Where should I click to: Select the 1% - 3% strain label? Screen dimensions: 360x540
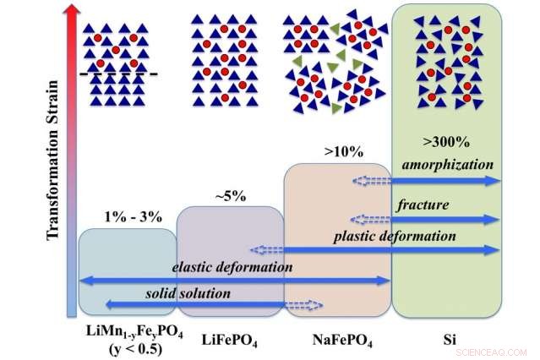click(x=126, y=215)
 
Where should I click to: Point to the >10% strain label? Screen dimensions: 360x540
click(x=343, y=152)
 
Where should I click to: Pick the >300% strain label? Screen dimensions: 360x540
click(x=446, y=140)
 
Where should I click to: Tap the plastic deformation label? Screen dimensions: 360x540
click(x=395, y=236)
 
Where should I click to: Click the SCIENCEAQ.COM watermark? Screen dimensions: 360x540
click(x=502, y=351)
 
